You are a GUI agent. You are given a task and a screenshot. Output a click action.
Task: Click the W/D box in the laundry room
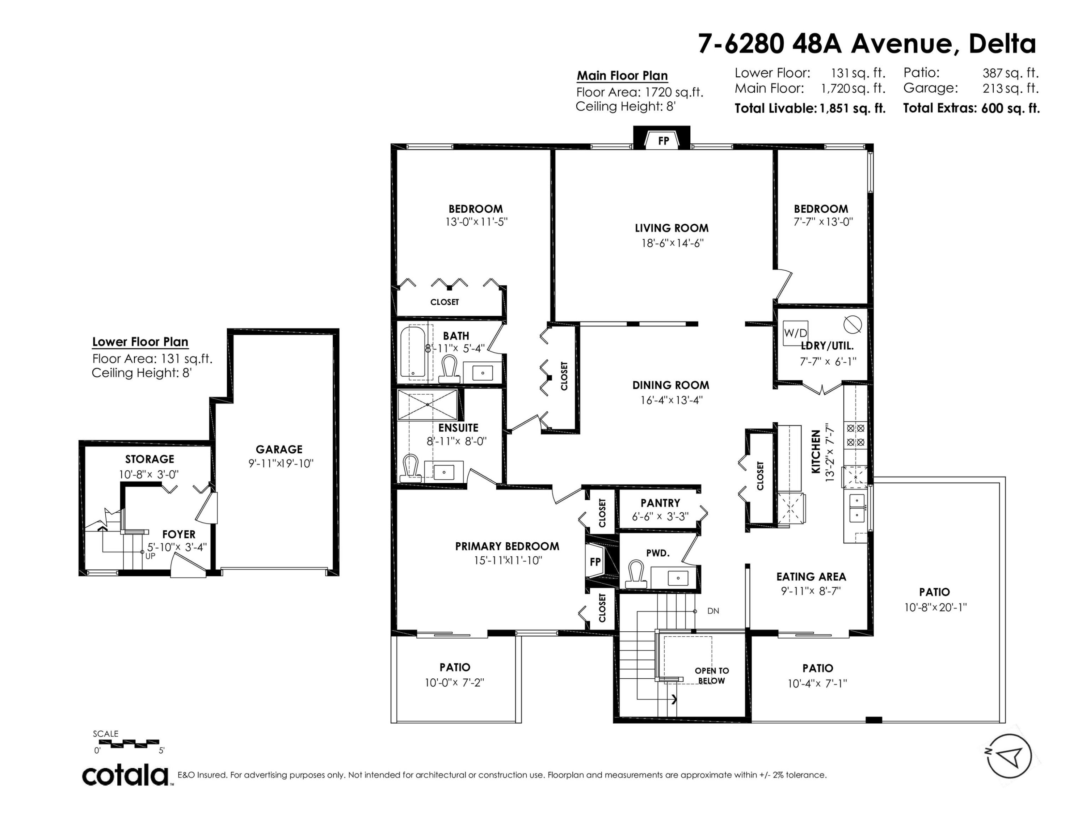tap(795, 333)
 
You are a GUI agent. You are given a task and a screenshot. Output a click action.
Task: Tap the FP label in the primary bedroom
tap(595, 562)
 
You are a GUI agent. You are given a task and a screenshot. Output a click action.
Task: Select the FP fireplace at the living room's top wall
tap(663, 141)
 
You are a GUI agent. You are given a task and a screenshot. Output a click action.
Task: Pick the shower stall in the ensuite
tap(427, 405)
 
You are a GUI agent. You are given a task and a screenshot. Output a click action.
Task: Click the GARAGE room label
tap(279, 449)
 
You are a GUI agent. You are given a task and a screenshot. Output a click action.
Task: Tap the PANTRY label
tap(660, 503)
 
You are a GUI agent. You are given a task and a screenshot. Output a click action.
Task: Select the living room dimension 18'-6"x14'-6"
tap(673, 243)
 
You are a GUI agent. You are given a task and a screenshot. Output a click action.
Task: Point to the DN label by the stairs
tap(714, 611)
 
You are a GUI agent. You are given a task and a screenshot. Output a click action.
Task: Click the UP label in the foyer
tap(150, 556)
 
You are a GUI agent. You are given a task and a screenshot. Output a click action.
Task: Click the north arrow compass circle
tap(1009, 756)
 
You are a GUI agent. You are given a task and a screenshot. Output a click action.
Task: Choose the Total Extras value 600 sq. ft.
tap(1010, 109)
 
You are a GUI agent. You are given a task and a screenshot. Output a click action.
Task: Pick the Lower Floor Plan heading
tap(140, 342)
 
